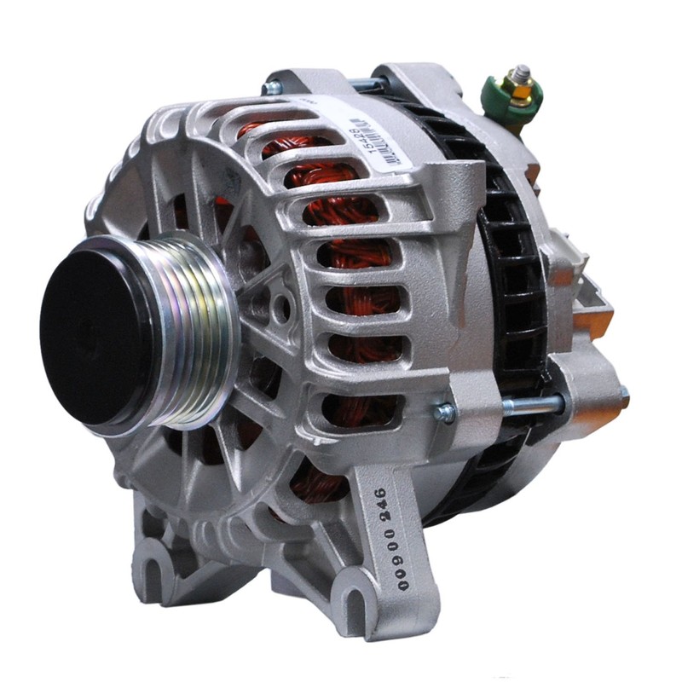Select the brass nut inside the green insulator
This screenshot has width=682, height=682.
[x=515, y=86]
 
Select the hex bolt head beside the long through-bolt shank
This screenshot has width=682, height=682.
[x=445, y=413]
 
